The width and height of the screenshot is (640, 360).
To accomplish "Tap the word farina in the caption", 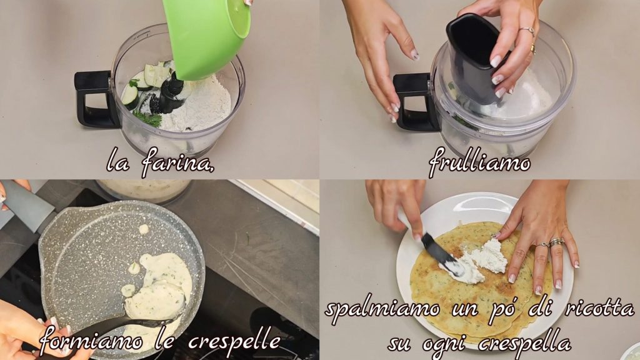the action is point(178,163).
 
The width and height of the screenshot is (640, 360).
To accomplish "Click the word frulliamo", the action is point(479,162).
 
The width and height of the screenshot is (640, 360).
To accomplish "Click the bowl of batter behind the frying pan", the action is point(144,190).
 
